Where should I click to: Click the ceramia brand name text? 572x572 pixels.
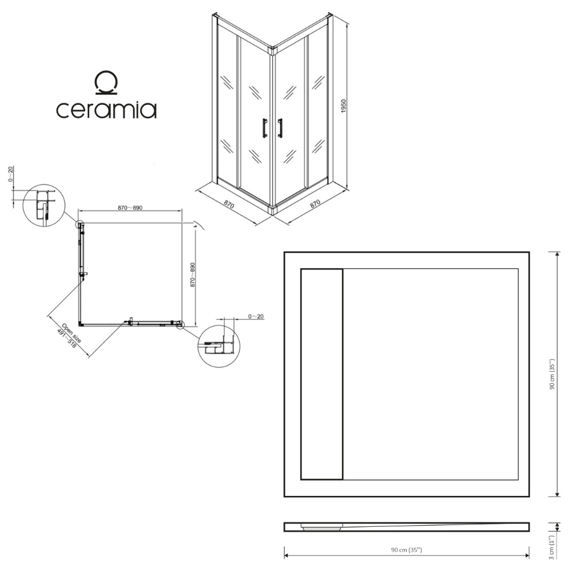point(106,109)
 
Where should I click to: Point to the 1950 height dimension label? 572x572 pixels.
point(343,106)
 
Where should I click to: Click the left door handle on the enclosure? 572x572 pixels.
point(264,128)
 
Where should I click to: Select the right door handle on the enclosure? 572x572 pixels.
point(280,128)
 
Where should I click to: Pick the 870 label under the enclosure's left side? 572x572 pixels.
point(229,204)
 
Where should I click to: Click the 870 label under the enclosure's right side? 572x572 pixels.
point(315,204)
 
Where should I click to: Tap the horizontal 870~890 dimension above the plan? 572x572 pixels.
point(130,208)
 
